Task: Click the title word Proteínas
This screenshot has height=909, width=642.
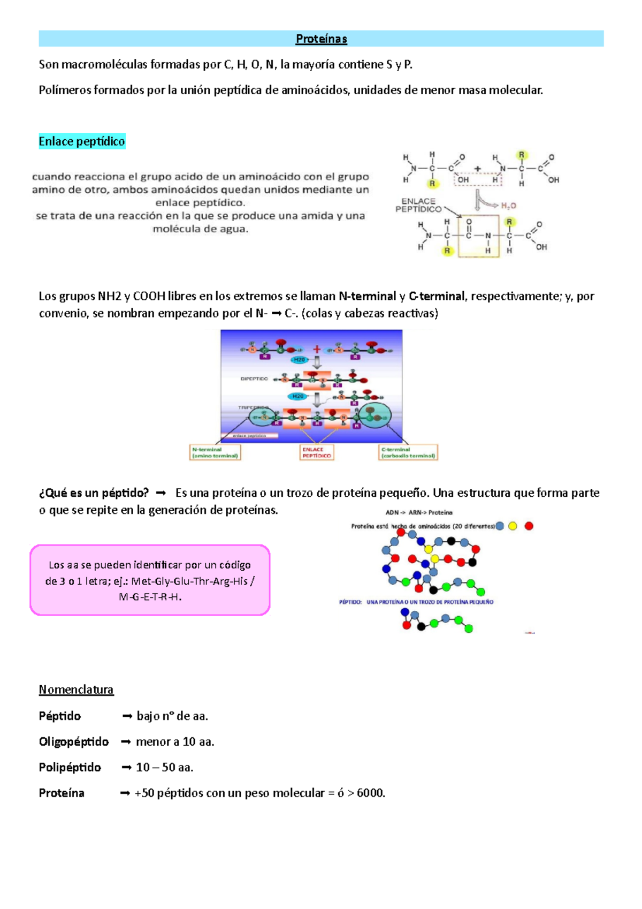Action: tap(322, 39)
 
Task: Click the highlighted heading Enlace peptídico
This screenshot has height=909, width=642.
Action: tap(82, 141)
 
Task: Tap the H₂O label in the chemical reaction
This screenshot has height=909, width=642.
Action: tap(508, 206)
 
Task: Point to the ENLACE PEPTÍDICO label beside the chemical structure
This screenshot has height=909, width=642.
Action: tap(418, 205)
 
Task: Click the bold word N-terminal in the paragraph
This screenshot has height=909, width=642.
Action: tap(367, 296)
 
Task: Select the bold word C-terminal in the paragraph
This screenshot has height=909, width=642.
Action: tap(437, 296)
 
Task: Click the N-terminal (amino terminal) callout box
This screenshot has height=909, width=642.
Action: tap(215, 453)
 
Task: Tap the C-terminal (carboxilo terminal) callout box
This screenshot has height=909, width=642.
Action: tap(408, 453)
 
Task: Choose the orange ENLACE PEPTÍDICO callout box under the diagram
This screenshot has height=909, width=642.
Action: tap(317, 453)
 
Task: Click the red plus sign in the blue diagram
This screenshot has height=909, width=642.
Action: tap(317, 350)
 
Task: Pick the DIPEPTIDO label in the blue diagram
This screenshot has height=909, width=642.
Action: tap(254, 378)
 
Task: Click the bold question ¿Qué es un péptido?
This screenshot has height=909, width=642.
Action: tap(94, 493)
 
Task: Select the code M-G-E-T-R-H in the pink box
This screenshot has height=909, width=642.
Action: tap(150, 597)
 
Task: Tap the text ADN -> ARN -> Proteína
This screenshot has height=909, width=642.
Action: tap(419, 512)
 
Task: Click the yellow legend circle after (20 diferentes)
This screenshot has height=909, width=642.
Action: tap(513, 526)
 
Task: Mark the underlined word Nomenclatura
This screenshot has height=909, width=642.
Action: tap(76, 690)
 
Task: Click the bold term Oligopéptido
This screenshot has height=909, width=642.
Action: tap(74, 741)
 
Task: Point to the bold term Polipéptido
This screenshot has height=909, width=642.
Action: tap(70, 767)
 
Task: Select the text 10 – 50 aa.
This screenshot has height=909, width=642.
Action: tap(164, 767)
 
